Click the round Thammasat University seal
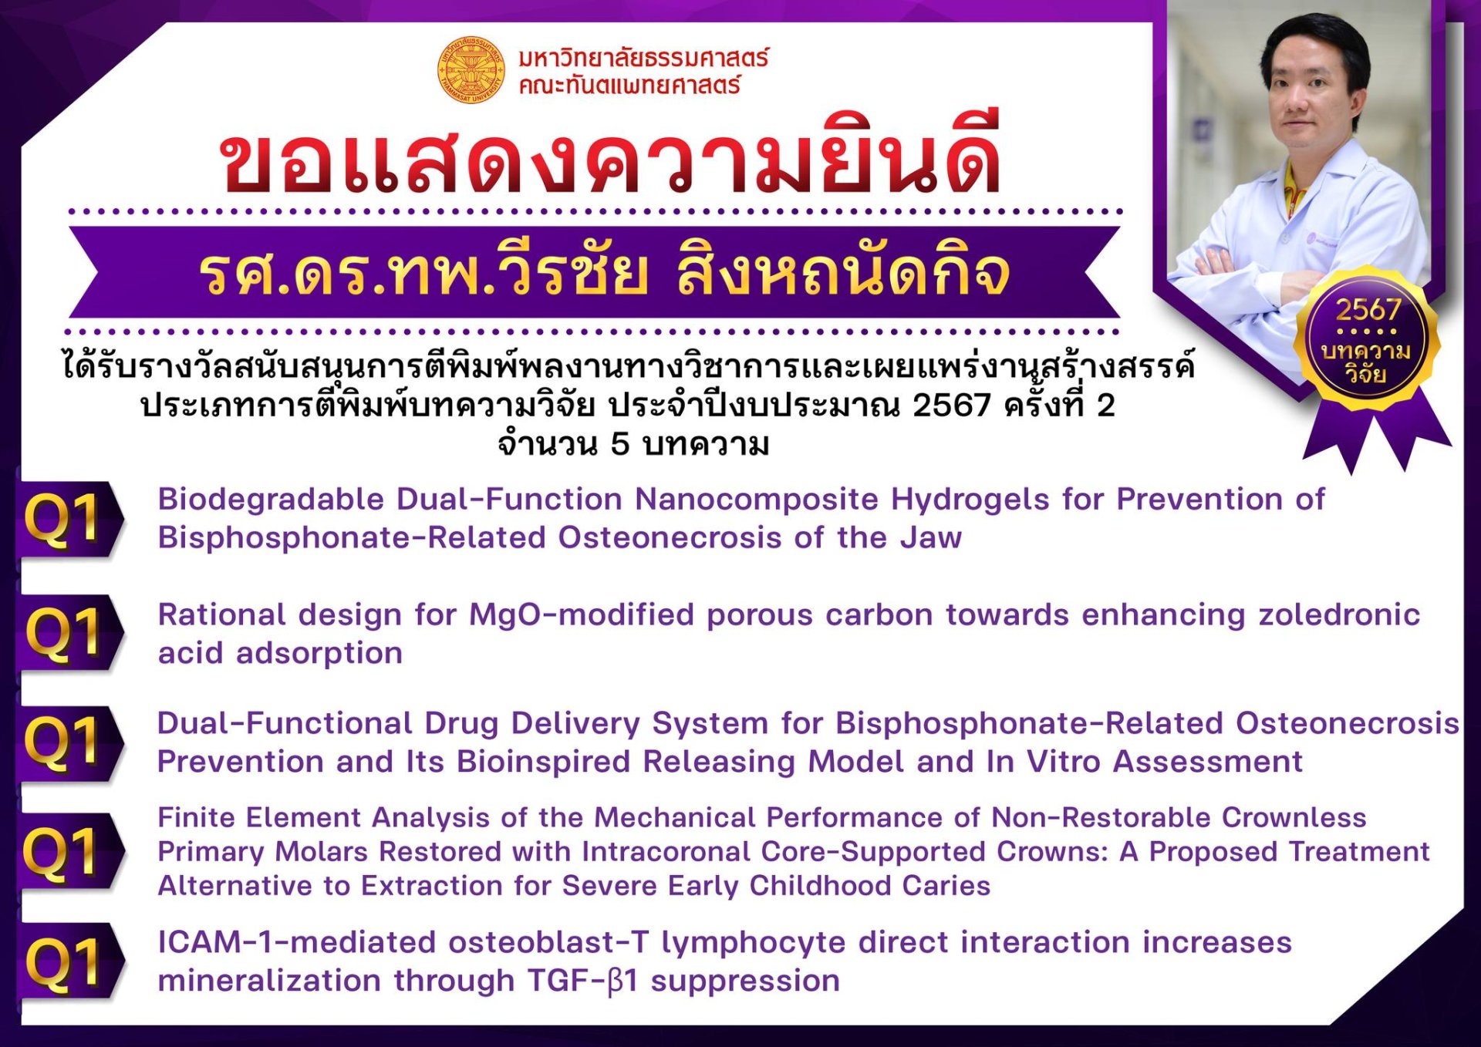(471, 70)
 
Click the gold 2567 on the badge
(1368, 310)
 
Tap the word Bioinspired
(544, 762)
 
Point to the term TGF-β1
(582, 981)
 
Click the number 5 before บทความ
(619, 444)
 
